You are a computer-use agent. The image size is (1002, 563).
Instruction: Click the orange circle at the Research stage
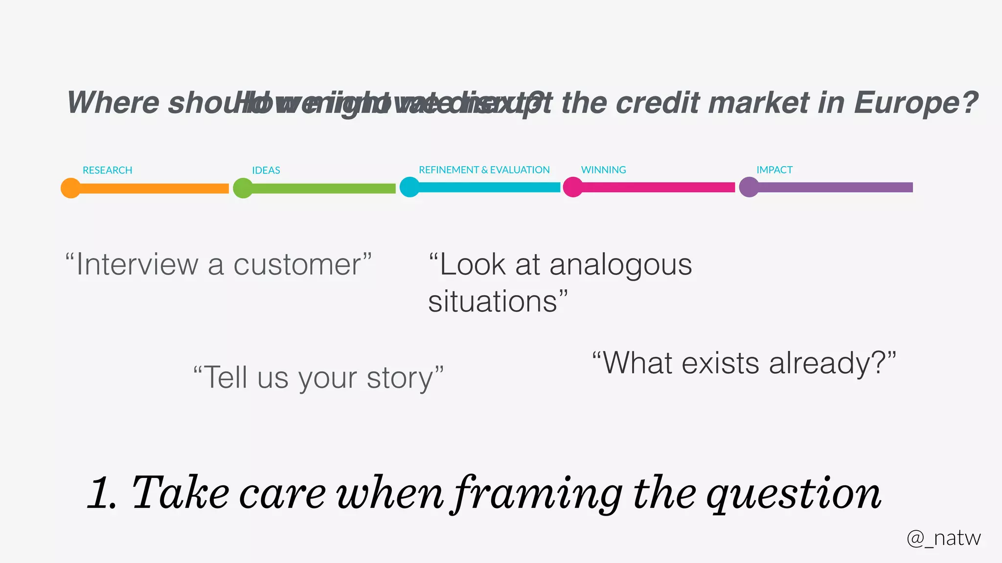click(x=71, y=188)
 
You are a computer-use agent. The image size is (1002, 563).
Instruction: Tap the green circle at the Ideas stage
click(x=243, y=188)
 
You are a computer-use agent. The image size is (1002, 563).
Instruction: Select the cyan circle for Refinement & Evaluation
click(x=410, y=187)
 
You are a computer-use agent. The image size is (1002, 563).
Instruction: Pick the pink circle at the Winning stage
click(x=573, y=187)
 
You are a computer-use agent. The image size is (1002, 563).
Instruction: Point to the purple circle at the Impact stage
click(x=749, y=187)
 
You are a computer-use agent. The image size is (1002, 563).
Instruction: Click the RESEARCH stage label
click(x=107, y=170)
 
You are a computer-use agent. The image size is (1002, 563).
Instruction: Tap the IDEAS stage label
click(x=266, y=170)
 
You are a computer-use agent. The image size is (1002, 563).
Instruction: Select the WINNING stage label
click(x=603, y=170)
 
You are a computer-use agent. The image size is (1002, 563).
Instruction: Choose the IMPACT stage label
click(x=774, y=170)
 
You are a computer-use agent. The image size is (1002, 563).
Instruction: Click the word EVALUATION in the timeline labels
click(x=520, y=170)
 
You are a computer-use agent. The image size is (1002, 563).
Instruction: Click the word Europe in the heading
click(x=915, y=104)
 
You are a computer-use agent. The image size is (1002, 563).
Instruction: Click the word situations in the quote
click(x=493, y=302)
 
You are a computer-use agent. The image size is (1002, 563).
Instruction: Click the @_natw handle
click(x=943, y=538)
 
